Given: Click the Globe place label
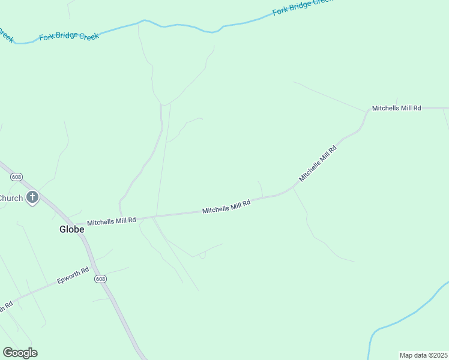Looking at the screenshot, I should pos(71,229).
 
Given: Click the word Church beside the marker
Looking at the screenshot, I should pos(11,198).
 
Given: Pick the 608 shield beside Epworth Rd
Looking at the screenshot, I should pos(101,280).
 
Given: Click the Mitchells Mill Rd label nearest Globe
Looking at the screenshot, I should pos(112,221).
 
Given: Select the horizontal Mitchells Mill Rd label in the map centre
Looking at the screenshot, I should pos(226,207).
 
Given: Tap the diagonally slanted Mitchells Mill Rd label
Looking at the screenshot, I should pos(318,163).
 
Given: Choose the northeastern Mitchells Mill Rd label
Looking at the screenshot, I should pos(396,108).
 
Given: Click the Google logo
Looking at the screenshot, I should pos(20,353).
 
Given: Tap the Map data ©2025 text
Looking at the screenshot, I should pos(423,355).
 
